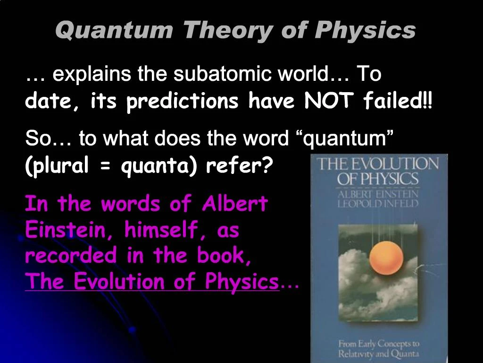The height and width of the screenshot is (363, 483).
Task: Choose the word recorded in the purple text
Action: (x=71, y=256)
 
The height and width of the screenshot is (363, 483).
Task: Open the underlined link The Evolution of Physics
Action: (x=152, y=282)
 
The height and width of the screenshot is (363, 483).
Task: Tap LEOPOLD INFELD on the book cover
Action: (x=378, y=204)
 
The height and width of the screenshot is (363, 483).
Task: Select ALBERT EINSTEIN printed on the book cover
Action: (x=378, y=194)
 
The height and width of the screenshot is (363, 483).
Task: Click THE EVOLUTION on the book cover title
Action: (x=377, y=164)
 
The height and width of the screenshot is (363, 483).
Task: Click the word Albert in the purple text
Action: (x=235, y=205)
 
